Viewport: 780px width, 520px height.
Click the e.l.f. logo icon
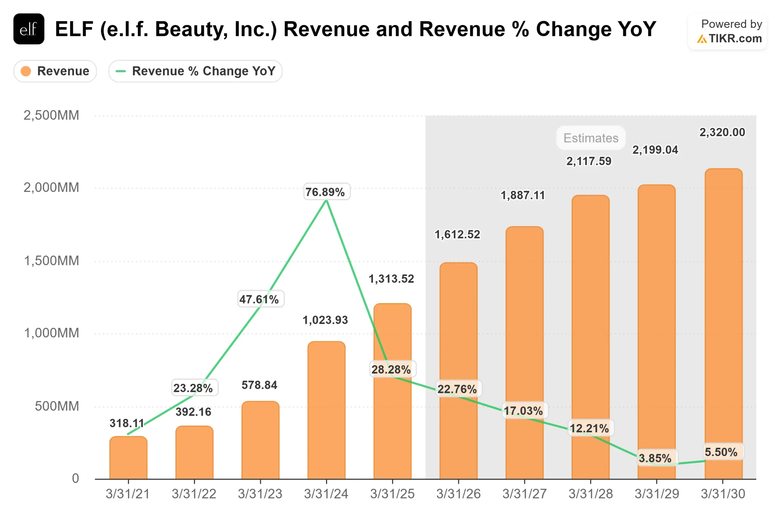coord(29,29)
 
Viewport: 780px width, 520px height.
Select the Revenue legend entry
coord(55,71)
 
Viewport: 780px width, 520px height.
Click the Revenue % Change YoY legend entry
coord(195,71)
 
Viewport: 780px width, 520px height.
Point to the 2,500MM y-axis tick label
coord(51,115)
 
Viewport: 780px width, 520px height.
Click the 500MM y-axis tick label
coord(57,406)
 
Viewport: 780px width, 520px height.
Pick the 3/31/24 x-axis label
coord(326,494)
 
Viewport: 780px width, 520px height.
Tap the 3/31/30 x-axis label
coord(723,494)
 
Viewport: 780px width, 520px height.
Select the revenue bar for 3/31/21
coord(128,458)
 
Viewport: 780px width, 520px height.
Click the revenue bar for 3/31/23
coord(260,441)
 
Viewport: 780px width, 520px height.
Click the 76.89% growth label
coord(327,192)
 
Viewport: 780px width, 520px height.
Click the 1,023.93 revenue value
coord(325,320)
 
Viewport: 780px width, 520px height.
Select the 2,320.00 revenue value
coord(722,132)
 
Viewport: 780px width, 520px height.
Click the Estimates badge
coord(591,138)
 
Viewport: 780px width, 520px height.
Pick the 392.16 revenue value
coord(193,412)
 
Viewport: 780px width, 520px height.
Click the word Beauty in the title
coord(191,29)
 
